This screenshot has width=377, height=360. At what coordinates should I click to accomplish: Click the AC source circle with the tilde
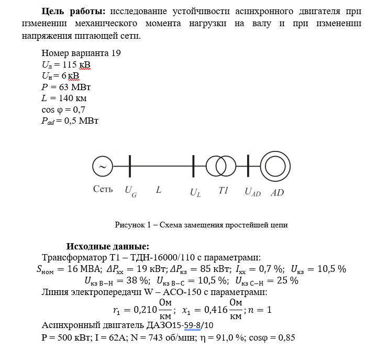(103, 167)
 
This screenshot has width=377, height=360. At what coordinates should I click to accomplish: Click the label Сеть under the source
(103, 189)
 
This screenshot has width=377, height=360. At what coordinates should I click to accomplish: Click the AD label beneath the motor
(277, 192)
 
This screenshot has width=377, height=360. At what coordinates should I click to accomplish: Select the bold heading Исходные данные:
(107, 246)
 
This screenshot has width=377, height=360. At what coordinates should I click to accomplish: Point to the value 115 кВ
(76, 64)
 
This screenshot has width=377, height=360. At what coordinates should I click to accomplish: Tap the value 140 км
(72, 98)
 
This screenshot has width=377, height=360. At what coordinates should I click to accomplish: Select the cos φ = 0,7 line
(63, 110)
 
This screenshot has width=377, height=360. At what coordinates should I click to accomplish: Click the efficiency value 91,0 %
(226, 337)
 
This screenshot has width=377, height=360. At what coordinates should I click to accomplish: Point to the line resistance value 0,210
(143, 310)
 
